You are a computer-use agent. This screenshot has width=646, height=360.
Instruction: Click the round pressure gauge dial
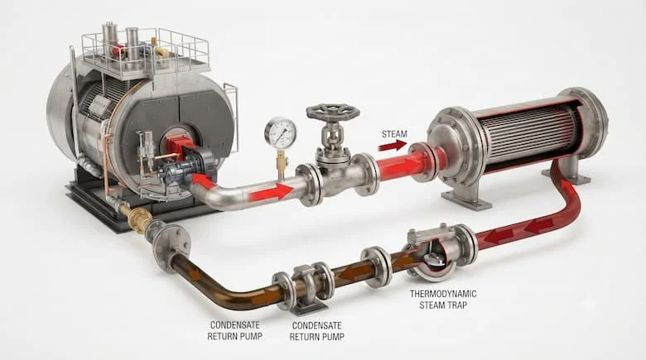(x=280, y=132)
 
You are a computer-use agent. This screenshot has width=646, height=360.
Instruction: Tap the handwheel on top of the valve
(x=332, y=112)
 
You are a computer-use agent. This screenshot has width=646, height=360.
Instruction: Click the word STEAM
(x=394, y=134)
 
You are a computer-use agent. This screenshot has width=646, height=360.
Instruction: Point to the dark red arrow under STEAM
(x=393, y=146)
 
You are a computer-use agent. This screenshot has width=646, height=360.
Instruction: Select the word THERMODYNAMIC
(x=443, y=294)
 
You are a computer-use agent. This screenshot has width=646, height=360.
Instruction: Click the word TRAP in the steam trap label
(x=457, y=305)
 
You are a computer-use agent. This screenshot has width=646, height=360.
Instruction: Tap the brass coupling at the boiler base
(x=138, y=217)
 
